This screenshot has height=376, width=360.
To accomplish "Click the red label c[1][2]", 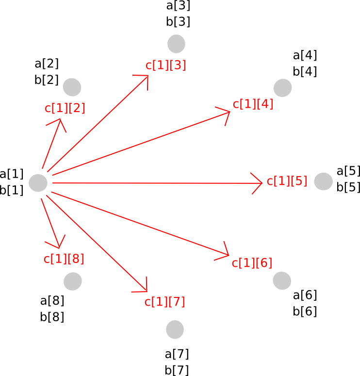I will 65,108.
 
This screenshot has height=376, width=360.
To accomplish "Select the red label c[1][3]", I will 165,65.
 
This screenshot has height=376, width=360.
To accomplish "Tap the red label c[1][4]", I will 253,104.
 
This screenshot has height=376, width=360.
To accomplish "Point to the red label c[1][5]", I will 287,181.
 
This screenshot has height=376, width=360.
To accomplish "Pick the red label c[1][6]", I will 252,263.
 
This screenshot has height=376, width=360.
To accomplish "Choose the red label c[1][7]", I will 164,302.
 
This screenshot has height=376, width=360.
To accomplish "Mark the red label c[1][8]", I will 64,259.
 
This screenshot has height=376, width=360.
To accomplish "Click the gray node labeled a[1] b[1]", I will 38,183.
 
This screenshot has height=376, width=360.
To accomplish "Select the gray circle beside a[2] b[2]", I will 72,87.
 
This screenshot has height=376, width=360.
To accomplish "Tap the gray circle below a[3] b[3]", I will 176,44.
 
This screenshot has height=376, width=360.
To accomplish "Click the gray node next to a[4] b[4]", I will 282,88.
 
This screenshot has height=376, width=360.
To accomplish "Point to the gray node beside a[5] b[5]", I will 323,181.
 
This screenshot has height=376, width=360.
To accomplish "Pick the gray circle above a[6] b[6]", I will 281,280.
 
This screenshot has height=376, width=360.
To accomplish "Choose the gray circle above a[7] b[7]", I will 175,329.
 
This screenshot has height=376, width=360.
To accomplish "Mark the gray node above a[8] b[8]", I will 73,280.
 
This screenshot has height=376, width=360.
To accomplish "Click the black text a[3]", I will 178,6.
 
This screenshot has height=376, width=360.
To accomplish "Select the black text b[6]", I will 305,311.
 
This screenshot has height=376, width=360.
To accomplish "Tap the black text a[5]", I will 348,171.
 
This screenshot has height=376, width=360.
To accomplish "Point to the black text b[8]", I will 52,317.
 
